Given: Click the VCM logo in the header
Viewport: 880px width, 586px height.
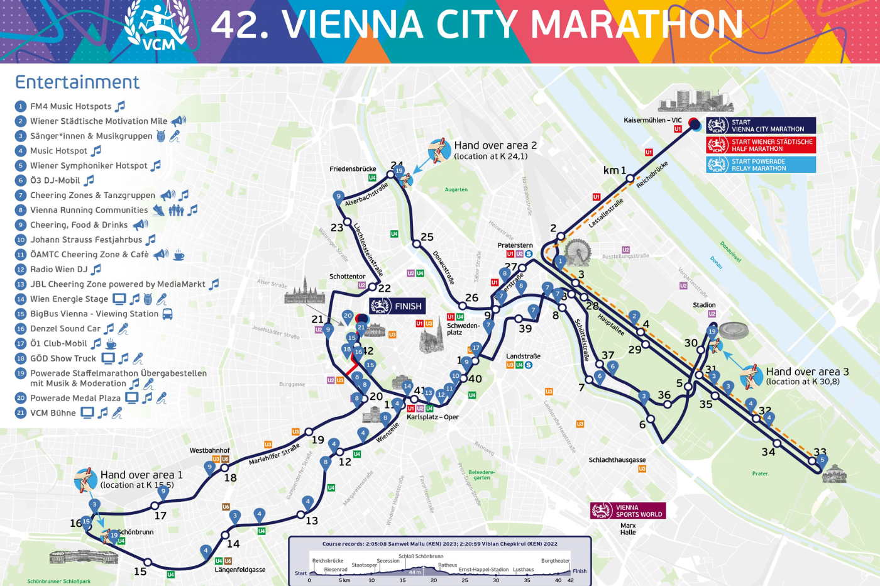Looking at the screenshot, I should tap(157, 26).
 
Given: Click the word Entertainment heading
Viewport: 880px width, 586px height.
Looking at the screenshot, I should tap(77, 82).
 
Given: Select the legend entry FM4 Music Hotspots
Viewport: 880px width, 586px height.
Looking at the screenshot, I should tap(70, 106).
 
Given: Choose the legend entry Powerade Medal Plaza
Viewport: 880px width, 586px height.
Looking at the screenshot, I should tap(75, 398).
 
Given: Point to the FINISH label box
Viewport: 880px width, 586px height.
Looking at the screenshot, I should tap(397, 306).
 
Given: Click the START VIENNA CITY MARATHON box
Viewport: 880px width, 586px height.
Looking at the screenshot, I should tap(761, 126).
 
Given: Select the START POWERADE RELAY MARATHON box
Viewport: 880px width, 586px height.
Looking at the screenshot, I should tap(761, 165).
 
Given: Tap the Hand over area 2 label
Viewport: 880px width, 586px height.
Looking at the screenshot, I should tap(495, 150).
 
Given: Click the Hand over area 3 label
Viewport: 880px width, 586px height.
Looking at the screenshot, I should tap(806, 375).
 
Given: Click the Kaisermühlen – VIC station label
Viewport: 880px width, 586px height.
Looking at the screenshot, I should tap(652, 120).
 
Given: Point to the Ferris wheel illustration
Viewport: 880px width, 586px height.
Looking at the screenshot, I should tap(577, 252).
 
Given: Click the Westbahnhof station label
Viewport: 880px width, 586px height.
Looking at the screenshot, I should tap(209, 450).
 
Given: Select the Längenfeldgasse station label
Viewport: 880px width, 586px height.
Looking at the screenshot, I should tap(239, 570).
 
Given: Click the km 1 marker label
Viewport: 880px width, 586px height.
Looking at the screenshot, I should tap(614, 170).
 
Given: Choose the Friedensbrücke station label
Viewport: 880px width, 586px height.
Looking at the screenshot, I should tap(352, 169).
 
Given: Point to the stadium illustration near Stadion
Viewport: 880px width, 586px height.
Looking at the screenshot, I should tap(733, 331).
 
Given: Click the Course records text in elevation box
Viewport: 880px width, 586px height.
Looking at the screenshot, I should tap(439, 544).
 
